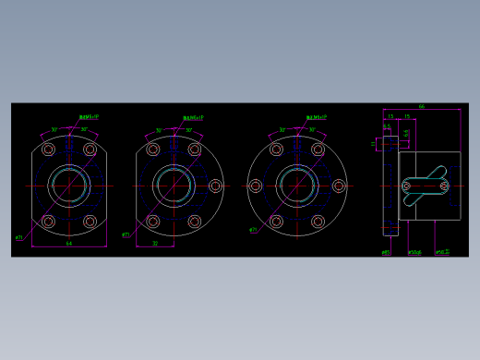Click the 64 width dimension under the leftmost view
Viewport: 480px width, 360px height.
tap(69, 243)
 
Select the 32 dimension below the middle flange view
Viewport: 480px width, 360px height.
tap(155, 243)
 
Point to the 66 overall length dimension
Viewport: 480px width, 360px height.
tap(422, 107)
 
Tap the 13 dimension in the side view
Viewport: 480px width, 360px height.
tap(390, 117)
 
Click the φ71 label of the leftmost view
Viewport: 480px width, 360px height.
tap(18, 237)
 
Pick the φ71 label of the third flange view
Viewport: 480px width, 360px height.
tap(252, 230)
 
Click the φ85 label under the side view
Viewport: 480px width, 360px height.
tap(386, 251)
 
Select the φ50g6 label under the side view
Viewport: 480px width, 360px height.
tap(414, 251)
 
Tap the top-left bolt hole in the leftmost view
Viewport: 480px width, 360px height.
tap(49, 149)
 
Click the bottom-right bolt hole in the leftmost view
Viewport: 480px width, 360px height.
tap(90, 222)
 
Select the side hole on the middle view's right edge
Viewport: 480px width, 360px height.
tap(215, 186)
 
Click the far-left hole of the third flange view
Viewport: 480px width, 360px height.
tap(256, 186)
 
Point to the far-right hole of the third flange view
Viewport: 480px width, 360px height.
tap(339, 186)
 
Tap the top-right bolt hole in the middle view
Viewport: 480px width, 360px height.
tap(195, 149)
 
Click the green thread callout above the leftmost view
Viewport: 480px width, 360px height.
tap(90, 118)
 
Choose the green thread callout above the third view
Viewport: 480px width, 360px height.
tap(317, 118)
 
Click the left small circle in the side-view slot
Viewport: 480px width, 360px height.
tap(406, 186)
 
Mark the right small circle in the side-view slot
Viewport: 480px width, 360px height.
tap(444, 186)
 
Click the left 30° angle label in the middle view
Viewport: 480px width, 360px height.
tap(159, 130)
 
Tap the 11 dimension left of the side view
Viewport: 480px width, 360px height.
tap(375, 144)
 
